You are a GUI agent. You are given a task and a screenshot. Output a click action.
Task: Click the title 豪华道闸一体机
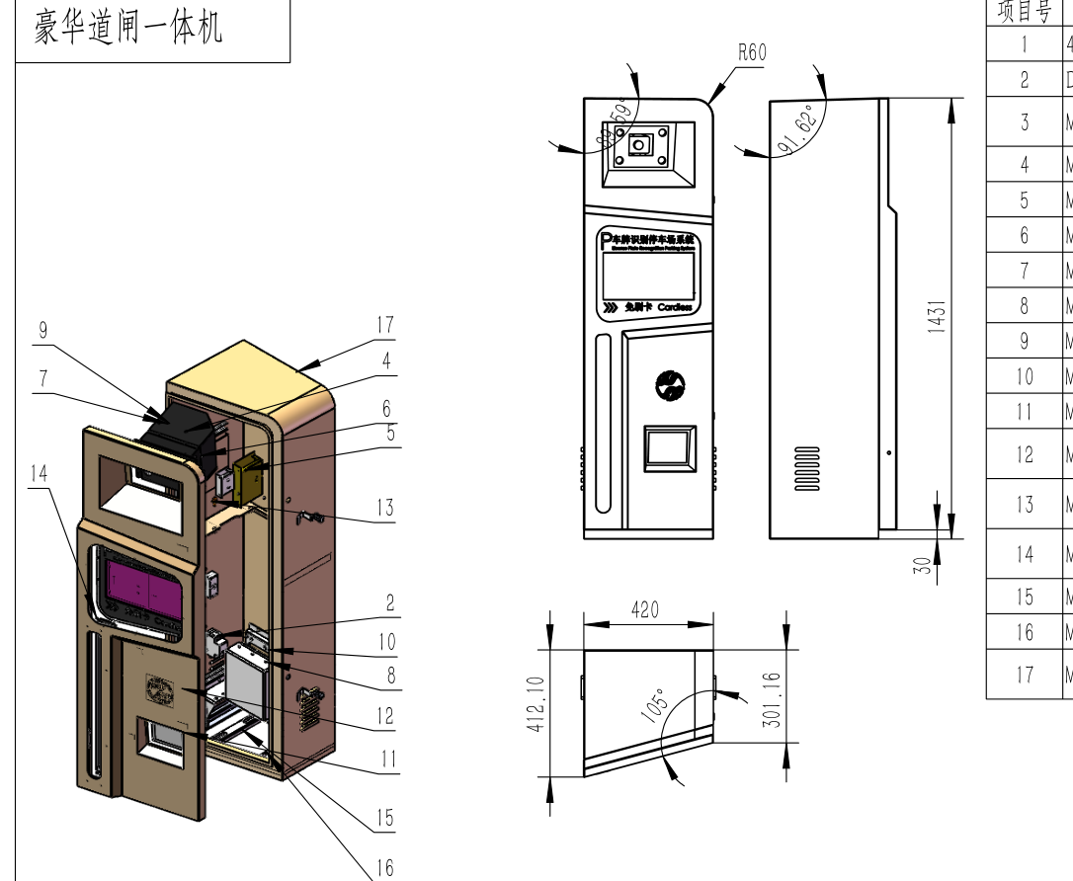click(128, 28)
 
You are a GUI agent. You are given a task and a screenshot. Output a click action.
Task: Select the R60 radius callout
click(752, 52)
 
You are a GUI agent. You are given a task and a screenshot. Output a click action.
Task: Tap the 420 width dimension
click(646, 609)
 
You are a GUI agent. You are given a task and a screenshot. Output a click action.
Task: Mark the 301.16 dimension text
click(773, 699)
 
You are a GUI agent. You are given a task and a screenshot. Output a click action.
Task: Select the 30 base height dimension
click(923, 565)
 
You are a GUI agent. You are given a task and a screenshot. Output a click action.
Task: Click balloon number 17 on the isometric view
click(385, 324)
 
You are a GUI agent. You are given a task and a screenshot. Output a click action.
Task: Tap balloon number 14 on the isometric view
click(39, 473)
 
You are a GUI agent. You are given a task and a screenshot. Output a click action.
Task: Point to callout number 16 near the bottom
click(384, 867)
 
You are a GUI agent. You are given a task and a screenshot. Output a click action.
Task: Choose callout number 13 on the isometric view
click(384, 508)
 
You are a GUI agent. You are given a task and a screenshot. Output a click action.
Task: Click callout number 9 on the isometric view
click(42, 331)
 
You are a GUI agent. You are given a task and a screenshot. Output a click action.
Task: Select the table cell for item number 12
click(1024, 454)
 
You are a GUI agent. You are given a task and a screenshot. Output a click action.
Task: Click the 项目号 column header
click(1024, 12)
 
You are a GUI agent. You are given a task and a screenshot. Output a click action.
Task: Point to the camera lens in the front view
click(640, 145)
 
